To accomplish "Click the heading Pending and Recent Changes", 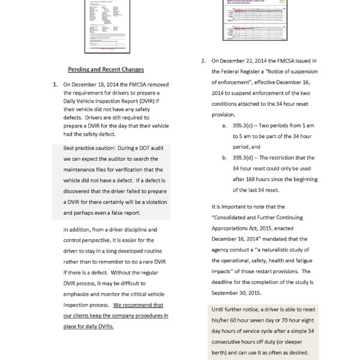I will click(x=105, y=70).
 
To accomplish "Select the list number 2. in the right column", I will click(x=203, y=61).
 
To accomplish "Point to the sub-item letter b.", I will click(x=224, y=158).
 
